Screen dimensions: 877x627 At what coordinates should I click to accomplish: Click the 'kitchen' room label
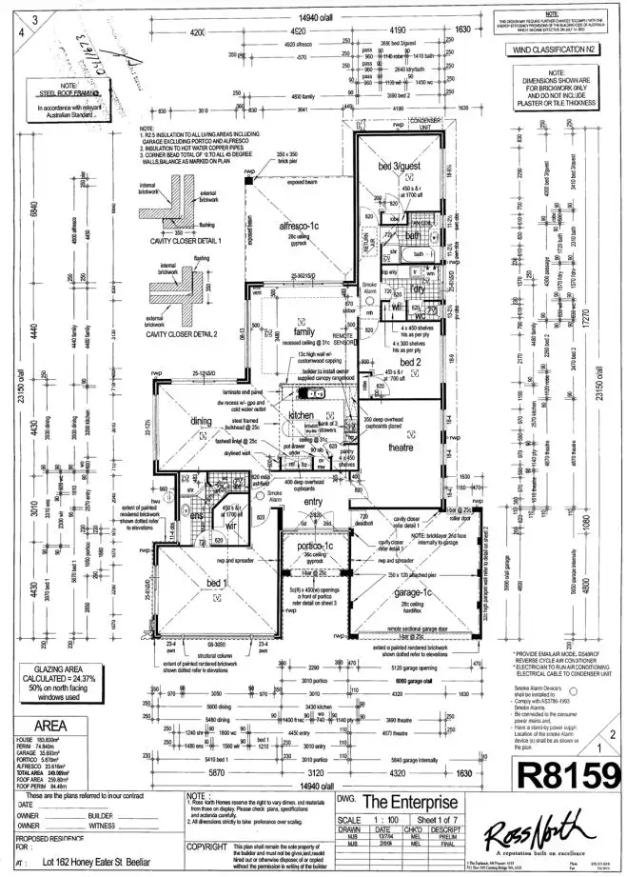pyautogui.click(x=301, y=416)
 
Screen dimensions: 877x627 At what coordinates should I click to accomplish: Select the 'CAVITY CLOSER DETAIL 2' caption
pyautogui.click(x=178, y=334)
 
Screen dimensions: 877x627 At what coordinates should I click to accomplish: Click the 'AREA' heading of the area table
pyautogui.click(x=36, y=723)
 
